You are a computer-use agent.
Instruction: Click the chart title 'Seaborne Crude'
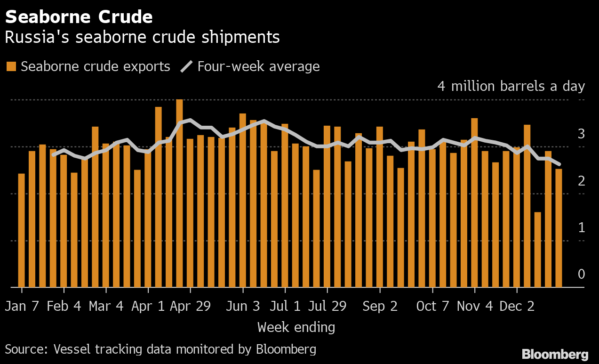pos(79,17)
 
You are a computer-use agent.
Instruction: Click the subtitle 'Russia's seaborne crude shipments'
pos(142,37)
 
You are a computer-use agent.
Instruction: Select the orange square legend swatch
pos(11,66)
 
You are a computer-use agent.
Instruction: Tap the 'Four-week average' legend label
pos(258,66)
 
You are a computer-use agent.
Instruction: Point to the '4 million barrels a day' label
pos(511,87)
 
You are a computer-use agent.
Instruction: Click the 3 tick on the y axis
pos(581,134)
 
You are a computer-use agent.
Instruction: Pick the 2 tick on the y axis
pos(581,181)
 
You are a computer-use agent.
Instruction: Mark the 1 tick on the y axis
pos(581,228)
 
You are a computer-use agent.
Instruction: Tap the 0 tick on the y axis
pos(581,274)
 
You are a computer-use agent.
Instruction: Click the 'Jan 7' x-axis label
pos(22,307)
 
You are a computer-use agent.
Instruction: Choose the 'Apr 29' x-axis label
pos(190,307)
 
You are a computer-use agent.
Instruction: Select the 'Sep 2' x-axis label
pos(380,307)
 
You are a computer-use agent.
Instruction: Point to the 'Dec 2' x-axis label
pos(517,307)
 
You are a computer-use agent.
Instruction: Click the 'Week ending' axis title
pos(296,327)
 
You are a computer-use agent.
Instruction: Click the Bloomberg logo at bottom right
pos(555,355)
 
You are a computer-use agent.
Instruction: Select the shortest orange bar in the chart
pos(537,250)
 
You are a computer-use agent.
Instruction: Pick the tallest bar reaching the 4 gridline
pos(179,193)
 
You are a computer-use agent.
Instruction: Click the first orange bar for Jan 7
pos(21,230)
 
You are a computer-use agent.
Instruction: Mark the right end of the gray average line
pos(559,164)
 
